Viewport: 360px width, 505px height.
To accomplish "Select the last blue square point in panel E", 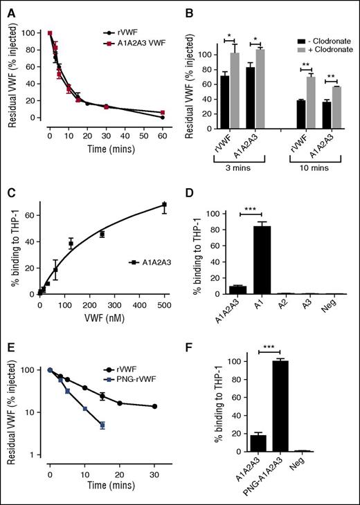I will (x=102, y=425).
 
